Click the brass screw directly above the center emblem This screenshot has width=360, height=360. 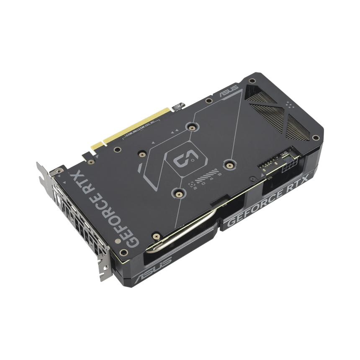point(192,127)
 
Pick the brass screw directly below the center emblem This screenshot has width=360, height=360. point(179,193)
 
